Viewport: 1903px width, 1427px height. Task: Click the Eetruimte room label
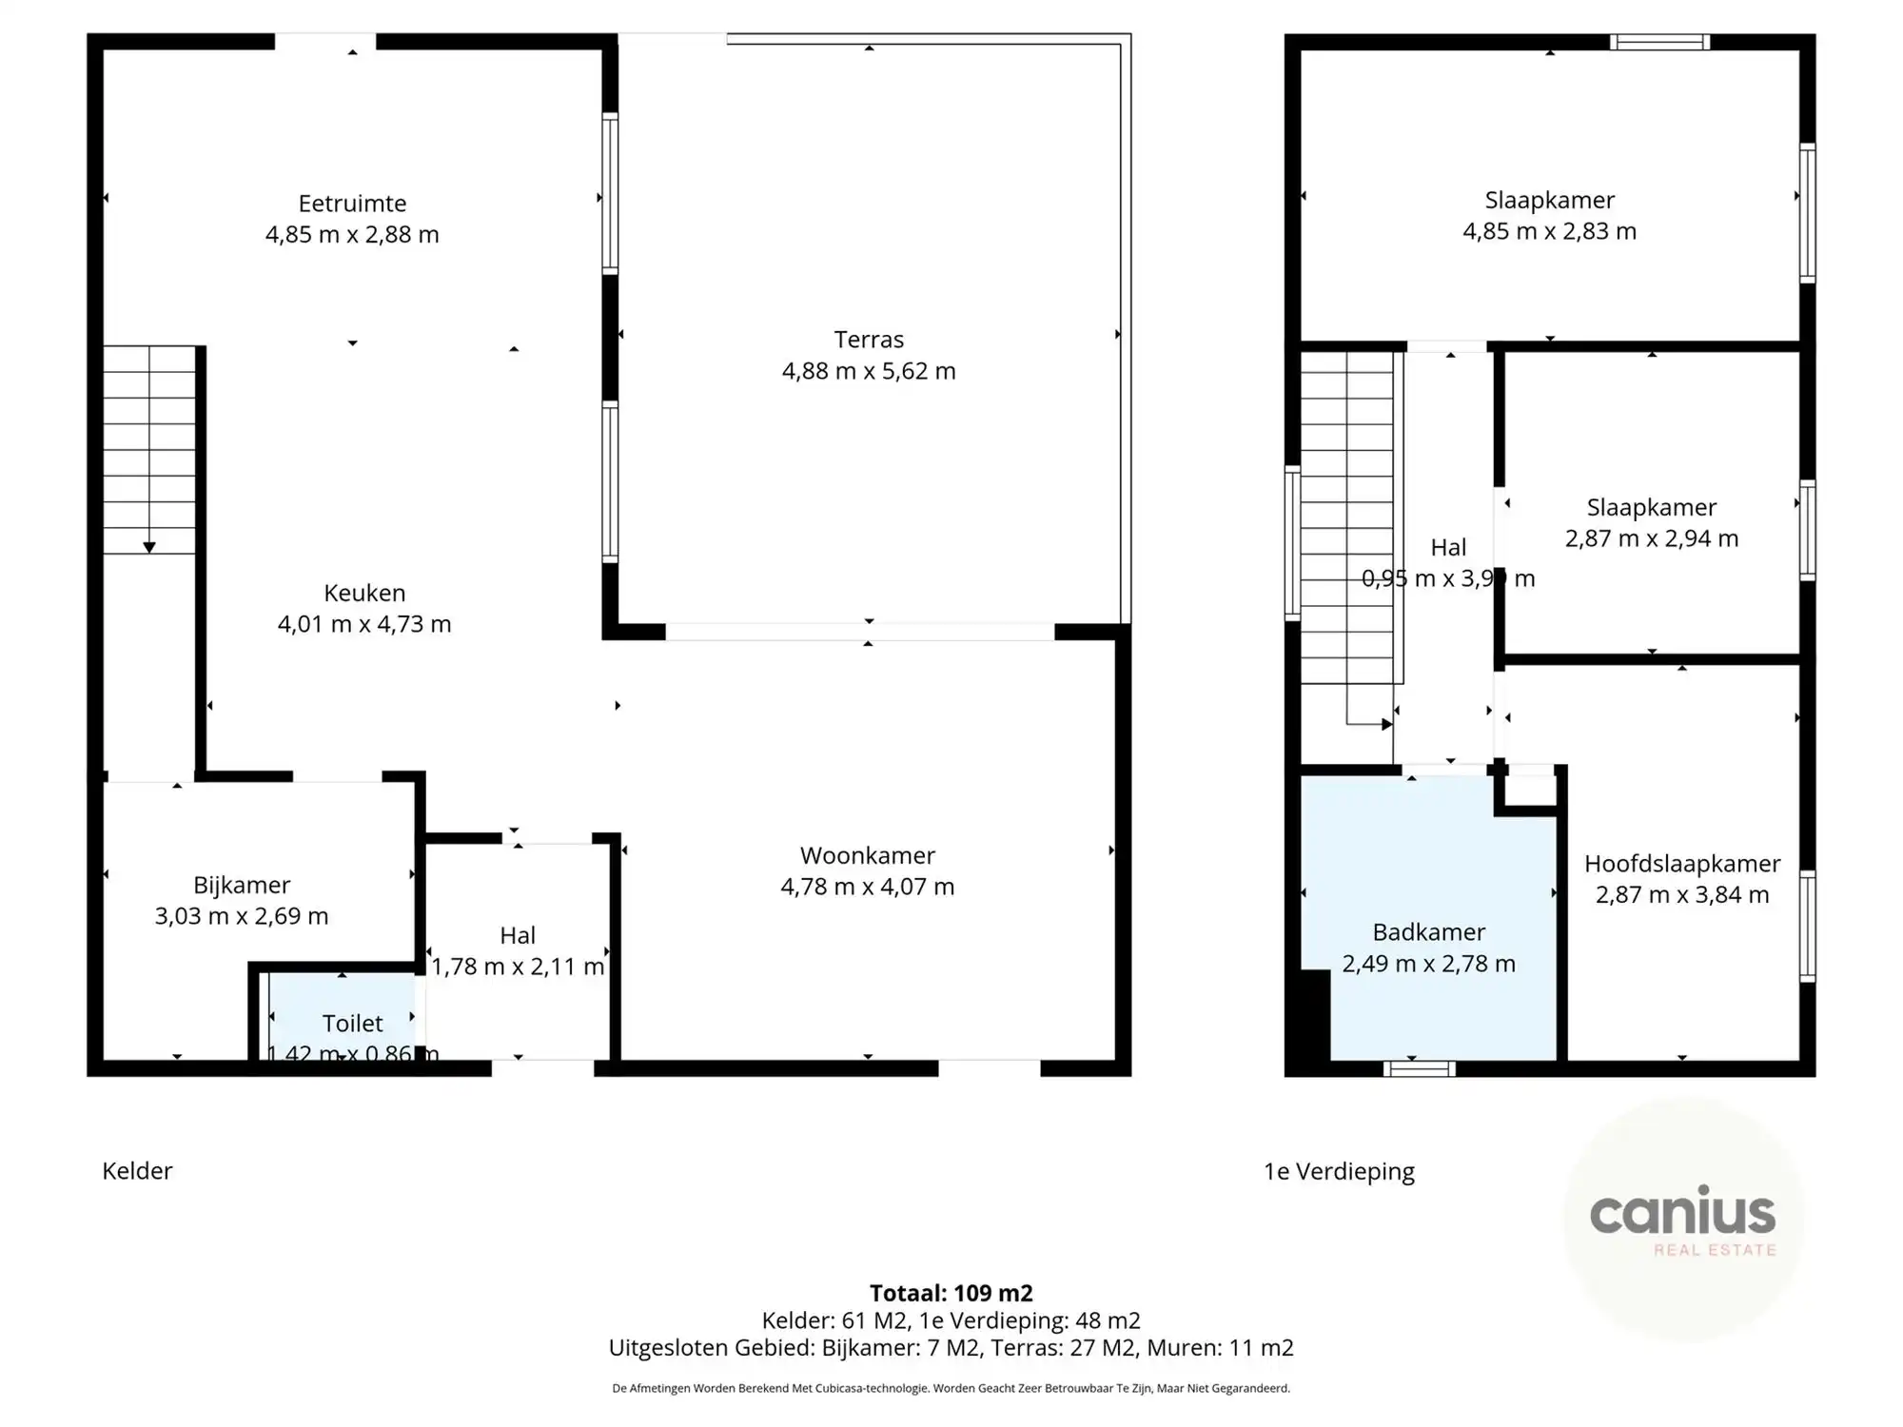tap(352, 204)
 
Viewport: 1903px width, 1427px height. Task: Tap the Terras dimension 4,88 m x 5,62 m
tap(868, 371)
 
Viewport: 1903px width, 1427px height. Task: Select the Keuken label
tap(364, 593)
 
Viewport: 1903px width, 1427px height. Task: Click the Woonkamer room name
tap(867, 855)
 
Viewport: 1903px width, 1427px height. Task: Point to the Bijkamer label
tap(242, 885)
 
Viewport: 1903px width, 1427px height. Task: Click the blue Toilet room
tap(343, 1018)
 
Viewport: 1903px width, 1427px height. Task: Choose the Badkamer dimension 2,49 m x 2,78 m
tap(1428, 964)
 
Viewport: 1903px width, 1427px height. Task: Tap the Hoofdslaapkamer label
tap(1681, 864)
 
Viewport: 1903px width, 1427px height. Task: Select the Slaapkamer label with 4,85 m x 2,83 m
tap(1549, 200)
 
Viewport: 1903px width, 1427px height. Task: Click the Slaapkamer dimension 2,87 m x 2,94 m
tap(1651, 538)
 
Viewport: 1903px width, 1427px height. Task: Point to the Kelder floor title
tap(137, 1171)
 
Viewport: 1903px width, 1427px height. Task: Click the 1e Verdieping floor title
tap(1339, 1171)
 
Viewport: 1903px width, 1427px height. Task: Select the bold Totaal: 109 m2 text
tap(951, 1293)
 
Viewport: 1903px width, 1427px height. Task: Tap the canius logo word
tap(1682, 1213)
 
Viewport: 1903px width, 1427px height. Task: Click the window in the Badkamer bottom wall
tap(1419, 1068)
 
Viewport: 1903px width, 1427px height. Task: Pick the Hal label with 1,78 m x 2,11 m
tap(517, 935)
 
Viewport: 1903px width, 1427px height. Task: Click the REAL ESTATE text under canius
tap(1715, 1250)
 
